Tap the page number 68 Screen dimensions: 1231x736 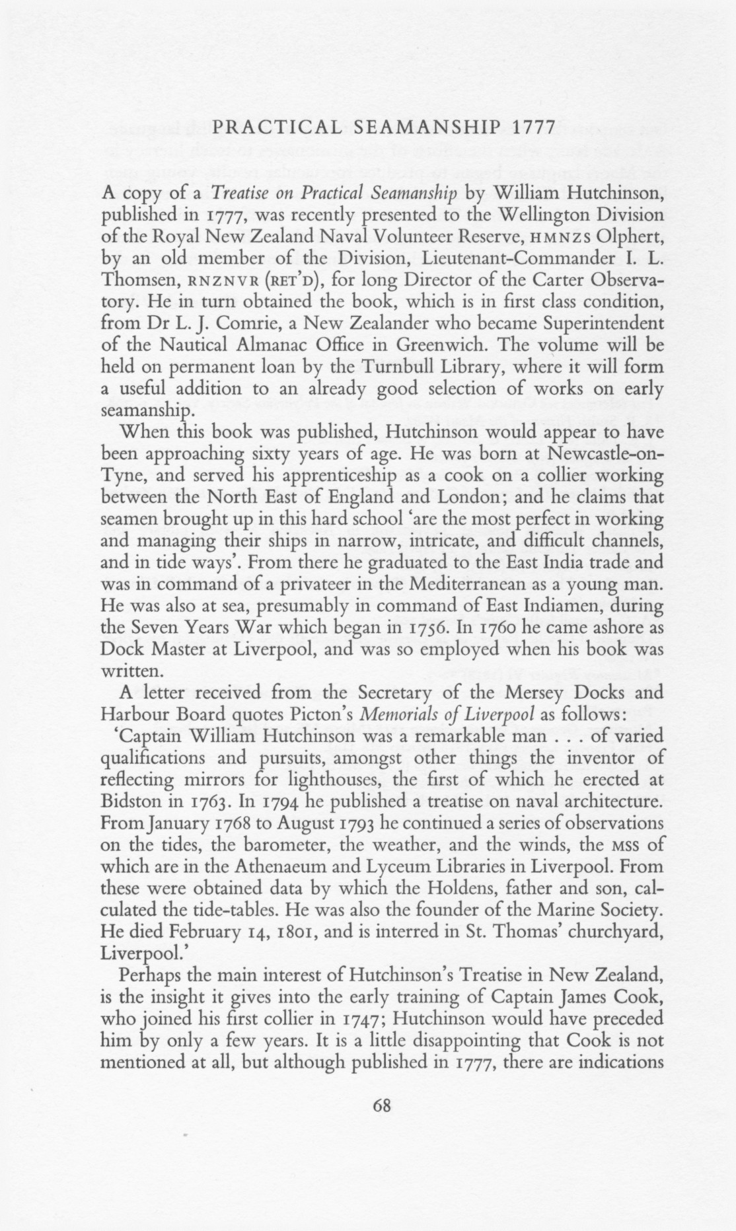pos(382,1104)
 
